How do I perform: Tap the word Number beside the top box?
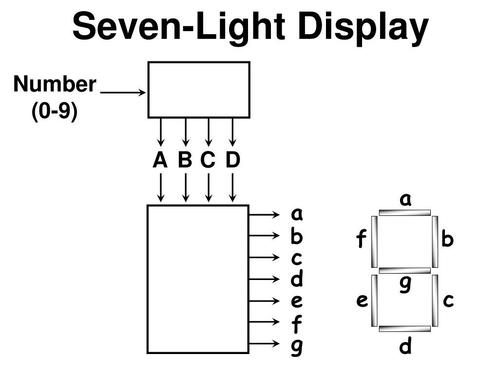click(55, 84)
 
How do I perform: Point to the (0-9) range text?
click(55, 112)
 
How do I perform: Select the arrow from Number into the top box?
click(123, 92)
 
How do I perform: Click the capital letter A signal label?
click(160, 160)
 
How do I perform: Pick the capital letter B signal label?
click(185, 160)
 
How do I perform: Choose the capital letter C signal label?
click(208, 160)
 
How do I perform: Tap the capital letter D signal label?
click(232, 160)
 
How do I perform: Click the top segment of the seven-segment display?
click(405, 212)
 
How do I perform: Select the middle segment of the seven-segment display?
click(405, 270)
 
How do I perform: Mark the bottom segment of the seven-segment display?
click(405, 329)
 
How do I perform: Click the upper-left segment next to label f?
click(374, 242)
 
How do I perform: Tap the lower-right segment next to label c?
click(435, 300)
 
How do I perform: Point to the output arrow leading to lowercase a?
click(266, 214)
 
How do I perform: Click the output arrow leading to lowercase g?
click(266, 343)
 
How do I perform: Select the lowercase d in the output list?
click(297, 279)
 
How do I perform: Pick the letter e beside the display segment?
click(362, 300)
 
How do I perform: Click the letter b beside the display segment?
click(448, 240)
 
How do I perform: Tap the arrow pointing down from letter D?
click(233, 187)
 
